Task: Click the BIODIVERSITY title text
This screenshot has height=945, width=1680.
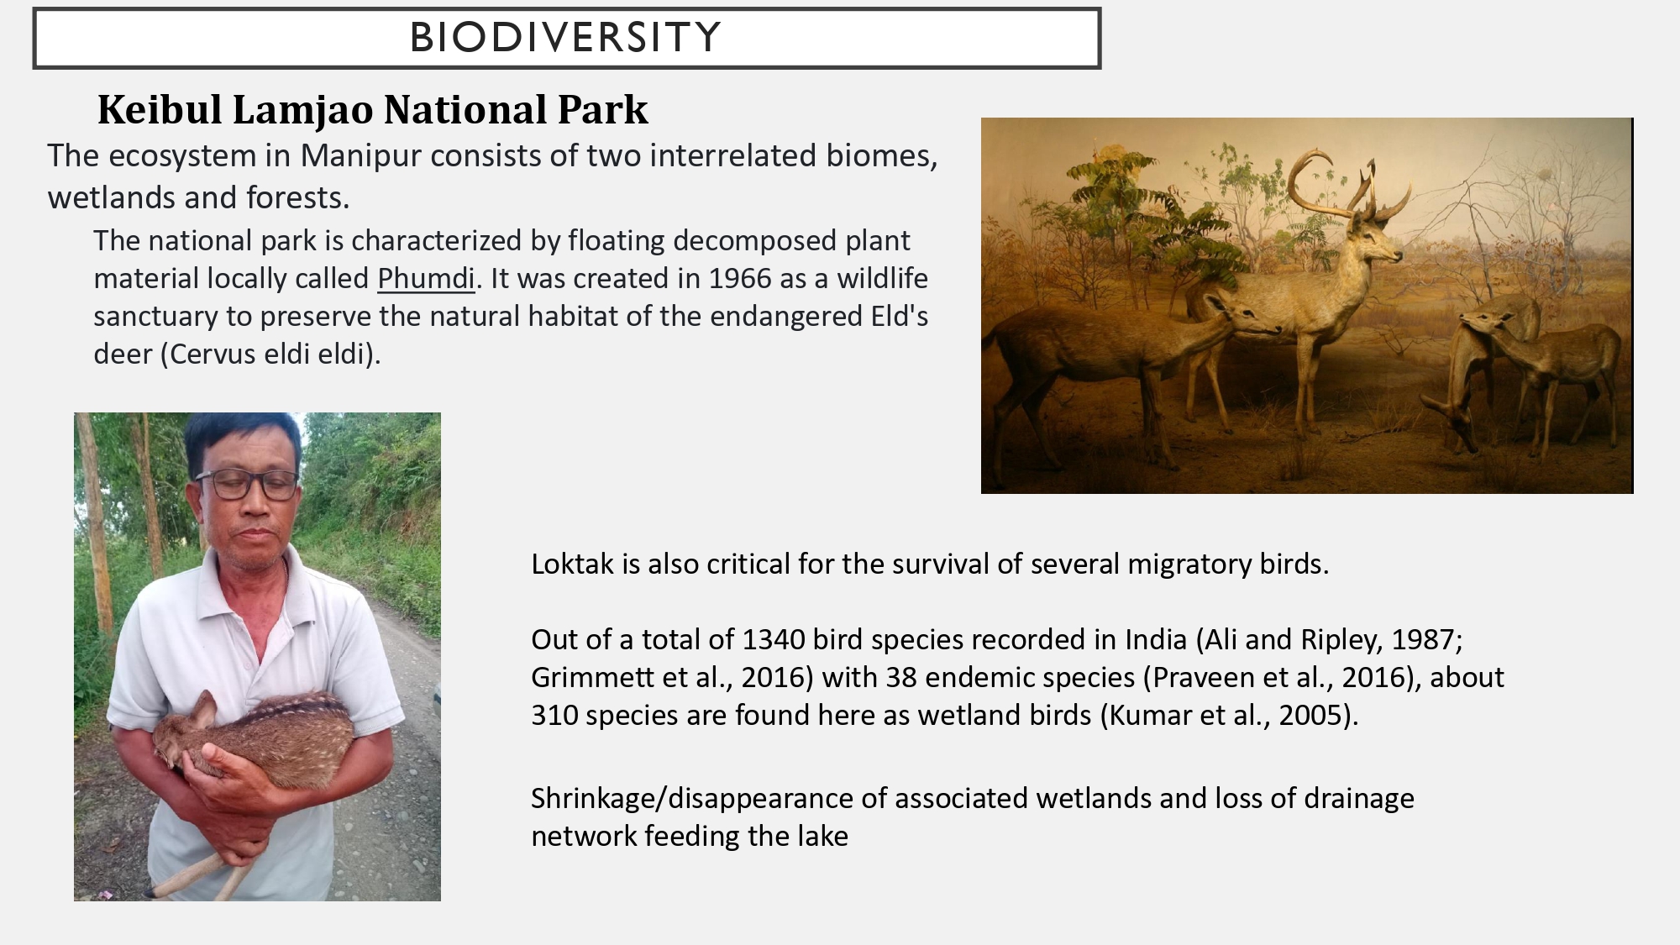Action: (x=565, y=38)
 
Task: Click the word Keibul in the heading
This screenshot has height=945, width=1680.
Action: (x=160, y=110)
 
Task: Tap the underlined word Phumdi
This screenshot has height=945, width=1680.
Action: (x=426, y=278)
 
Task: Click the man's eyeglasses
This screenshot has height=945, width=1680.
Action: (x=246, y=484)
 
